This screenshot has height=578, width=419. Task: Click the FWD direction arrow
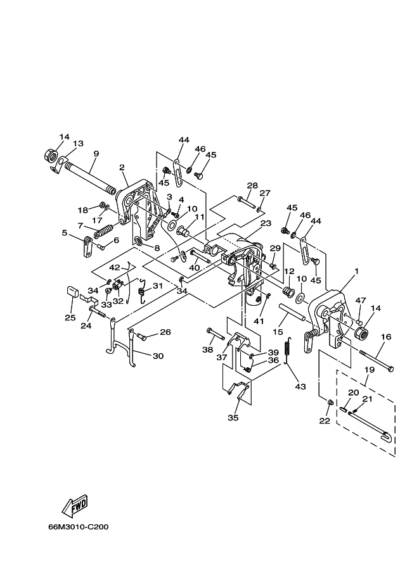click(75, 505)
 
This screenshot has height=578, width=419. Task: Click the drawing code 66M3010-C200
click(78, 527)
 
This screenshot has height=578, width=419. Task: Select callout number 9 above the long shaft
click(96, 153)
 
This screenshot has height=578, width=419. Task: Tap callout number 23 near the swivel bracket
click(266, 223)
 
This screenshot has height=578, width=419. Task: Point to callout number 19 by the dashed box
click(370, 369)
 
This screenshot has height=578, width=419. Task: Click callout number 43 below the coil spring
click(300, 386)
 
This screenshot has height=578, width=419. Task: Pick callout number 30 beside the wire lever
click(158, 356)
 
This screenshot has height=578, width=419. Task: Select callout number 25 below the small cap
click(70, 317)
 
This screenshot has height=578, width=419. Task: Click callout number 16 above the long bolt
click(386, 337)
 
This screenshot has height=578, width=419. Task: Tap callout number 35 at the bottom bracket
click(233, 418)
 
